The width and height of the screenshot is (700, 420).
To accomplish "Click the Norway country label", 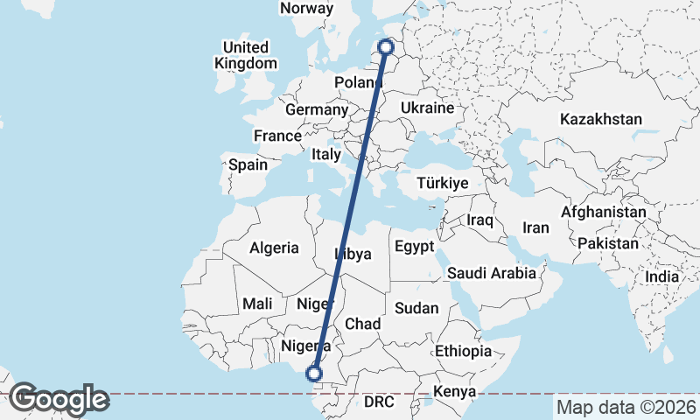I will point(307,8).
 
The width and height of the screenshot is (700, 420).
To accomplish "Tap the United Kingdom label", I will point(246,55).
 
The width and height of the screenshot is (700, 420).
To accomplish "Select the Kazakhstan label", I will point(602,119).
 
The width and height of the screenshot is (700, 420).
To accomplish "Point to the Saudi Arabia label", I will point(491,273).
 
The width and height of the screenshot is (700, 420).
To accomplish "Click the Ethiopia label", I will point(463,351).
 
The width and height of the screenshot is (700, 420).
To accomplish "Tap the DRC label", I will point(380,402).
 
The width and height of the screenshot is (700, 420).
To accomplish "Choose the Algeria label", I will point(274,248).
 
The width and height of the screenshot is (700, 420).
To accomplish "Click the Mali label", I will point(257,304).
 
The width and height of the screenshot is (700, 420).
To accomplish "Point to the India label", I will point(661,276).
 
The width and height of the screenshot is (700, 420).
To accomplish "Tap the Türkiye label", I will point(443,184).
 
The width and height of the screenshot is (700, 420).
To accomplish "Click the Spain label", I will point(248,164).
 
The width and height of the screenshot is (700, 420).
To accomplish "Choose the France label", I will point(277,136).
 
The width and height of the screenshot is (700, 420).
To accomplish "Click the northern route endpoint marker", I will point(385,47).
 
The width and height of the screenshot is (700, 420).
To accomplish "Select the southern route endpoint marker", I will point(314,374).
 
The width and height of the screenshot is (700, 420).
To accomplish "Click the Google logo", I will point(59,399).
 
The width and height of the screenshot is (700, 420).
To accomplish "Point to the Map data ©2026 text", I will point(626,407).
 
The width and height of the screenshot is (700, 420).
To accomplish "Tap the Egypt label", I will point(414,247).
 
